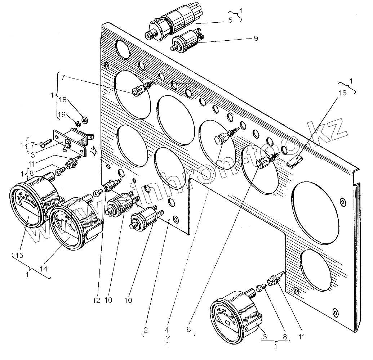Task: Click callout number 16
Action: tap(342, 93)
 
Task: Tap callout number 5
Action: tap(230, 21)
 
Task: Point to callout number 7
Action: tap(63, 78)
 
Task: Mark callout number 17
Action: tap(32, 145)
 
